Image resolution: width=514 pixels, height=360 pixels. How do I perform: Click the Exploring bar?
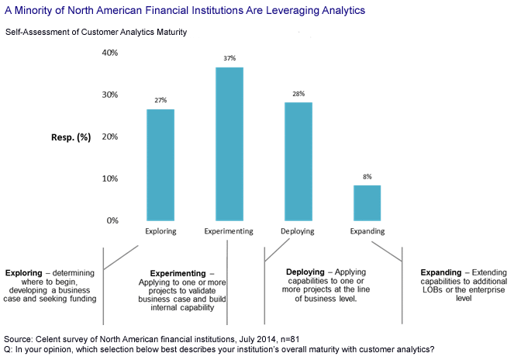[160, 164]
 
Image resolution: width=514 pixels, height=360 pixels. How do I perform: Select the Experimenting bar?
[229, 144]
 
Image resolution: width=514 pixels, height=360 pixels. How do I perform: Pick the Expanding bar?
[367, 202]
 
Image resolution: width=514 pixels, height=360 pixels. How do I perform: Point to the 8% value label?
[367, 177]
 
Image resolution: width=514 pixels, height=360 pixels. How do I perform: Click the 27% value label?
[160, 100]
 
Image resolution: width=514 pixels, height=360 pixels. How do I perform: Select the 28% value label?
[298, 93]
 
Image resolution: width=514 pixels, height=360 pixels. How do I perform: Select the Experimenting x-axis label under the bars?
[229, 231]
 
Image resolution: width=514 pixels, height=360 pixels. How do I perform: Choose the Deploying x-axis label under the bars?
[298, 231]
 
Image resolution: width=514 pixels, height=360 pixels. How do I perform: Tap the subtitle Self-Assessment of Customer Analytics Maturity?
[96, 32]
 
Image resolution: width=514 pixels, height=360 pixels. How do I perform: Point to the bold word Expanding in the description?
[443, 273]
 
